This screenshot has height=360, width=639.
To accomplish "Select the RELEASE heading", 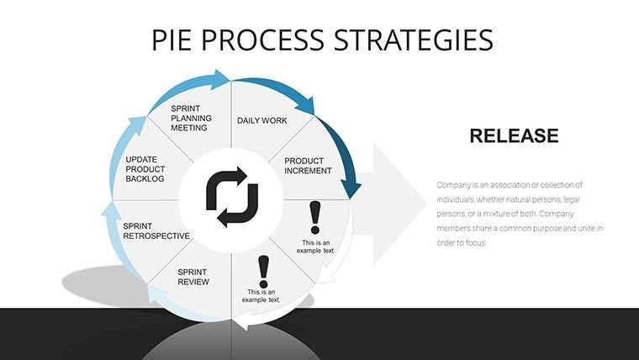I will click(513, 135).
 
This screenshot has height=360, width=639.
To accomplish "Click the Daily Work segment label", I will click(261, 120).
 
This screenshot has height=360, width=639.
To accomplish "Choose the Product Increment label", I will click(308, 166).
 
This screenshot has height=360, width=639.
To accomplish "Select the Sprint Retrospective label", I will click(156, 230).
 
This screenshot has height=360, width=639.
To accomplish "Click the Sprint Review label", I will click(193, 277).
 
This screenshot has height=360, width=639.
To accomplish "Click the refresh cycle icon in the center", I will click(227, 197).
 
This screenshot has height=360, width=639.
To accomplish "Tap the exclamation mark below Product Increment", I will click(315, 217).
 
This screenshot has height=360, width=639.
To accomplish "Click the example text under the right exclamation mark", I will click(319, 246).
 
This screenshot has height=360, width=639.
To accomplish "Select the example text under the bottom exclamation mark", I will click(263, 295).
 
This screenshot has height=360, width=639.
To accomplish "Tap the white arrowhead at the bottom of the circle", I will click(242, 323).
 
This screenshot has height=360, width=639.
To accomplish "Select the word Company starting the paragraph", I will click(455, 184).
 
